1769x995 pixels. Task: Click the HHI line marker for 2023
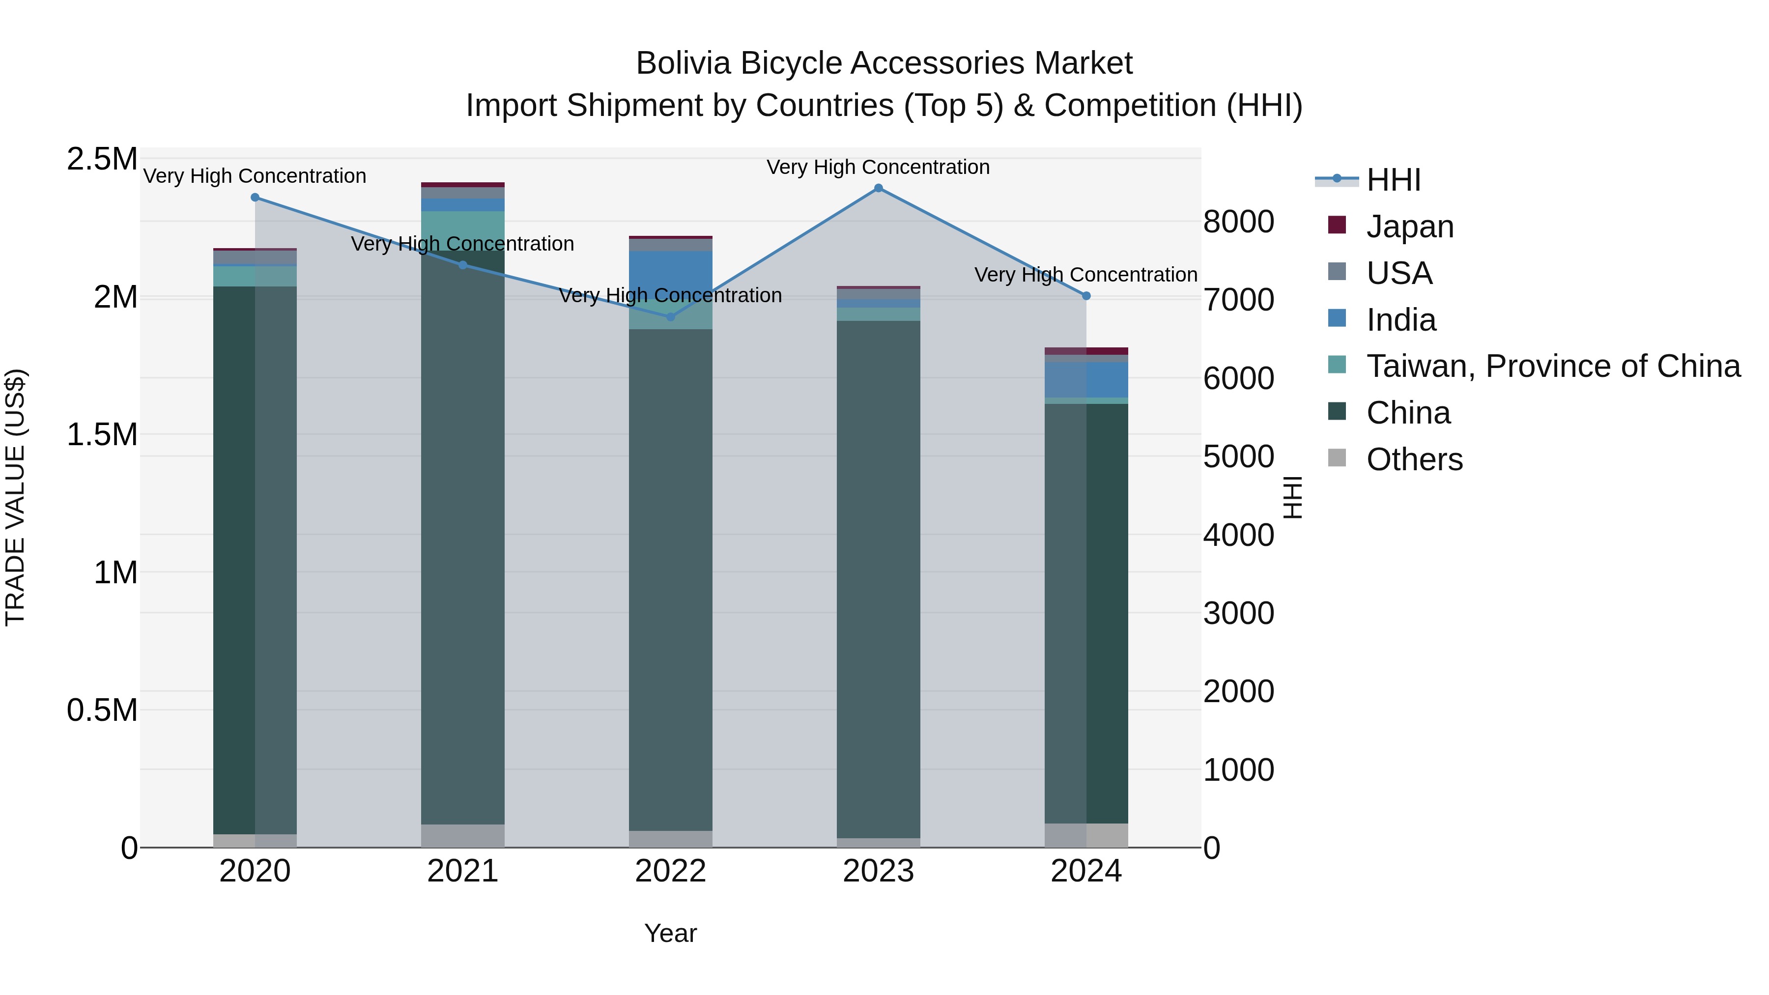[878, 188]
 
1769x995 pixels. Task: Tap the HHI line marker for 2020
[255, 198]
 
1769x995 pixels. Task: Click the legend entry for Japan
[1409, 227]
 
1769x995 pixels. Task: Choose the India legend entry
[1400, 320]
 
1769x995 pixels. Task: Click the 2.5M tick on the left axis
[102, 159]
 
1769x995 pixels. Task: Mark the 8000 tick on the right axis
[1238, 222]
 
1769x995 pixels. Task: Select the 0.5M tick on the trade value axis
[102, 711]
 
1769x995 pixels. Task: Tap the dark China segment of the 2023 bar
[878, 577]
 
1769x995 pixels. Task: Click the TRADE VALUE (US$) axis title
[16, 497]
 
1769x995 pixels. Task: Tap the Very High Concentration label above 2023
[878, 168]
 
